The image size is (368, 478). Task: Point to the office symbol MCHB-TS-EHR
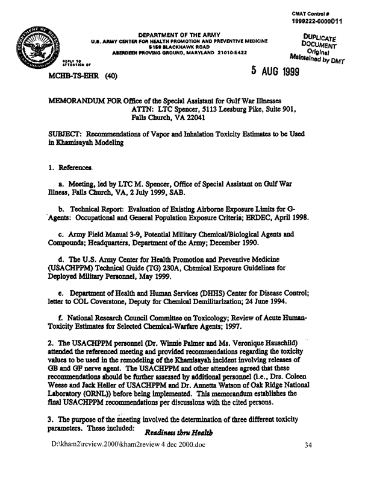coord(63,77)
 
